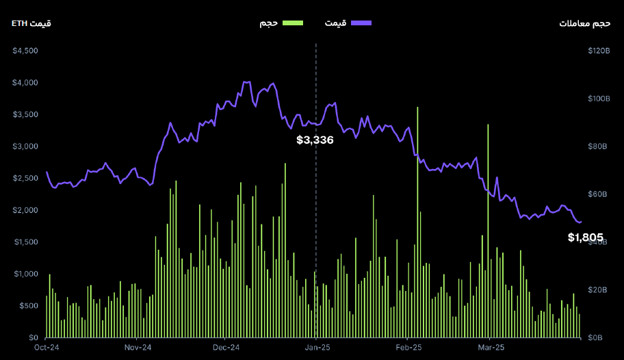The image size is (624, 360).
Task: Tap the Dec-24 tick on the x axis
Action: (226, 348)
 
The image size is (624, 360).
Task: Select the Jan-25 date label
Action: (317, 348)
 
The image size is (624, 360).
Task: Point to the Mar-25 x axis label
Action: (490, 348)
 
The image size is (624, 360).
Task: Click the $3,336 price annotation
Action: (315, 140)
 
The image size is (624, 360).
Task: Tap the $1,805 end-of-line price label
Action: (585, 238)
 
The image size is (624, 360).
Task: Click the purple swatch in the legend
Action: (361, 23)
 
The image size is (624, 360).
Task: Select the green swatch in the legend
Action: (292, 23)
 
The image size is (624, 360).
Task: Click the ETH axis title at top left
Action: (31, 24)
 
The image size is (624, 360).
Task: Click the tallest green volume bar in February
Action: (417, 205)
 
